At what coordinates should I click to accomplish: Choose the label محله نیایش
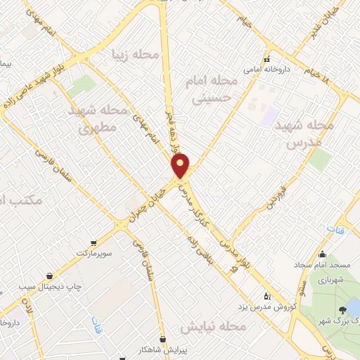pyautogui.click(x=213, y=328)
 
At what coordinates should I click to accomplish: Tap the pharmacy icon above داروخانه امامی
pyautogui.click(x=266, y=59)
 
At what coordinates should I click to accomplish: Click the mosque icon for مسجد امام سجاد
pyautogui.click(x=323, y=255)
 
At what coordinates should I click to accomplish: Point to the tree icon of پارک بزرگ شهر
pyautogui.click(x=342, y=309)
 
